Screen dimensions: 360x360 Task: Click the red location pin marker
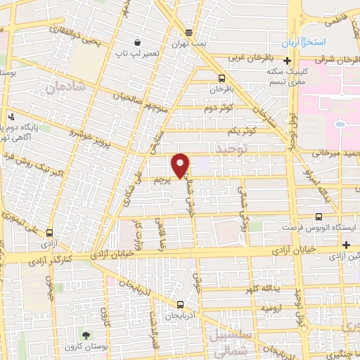181,165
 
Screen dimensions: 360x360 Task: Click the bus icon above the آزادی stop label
49,232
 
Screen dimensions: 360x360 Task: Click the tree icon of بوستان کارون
86,335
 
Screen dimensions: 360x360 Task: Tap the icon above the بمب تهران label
188,32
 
